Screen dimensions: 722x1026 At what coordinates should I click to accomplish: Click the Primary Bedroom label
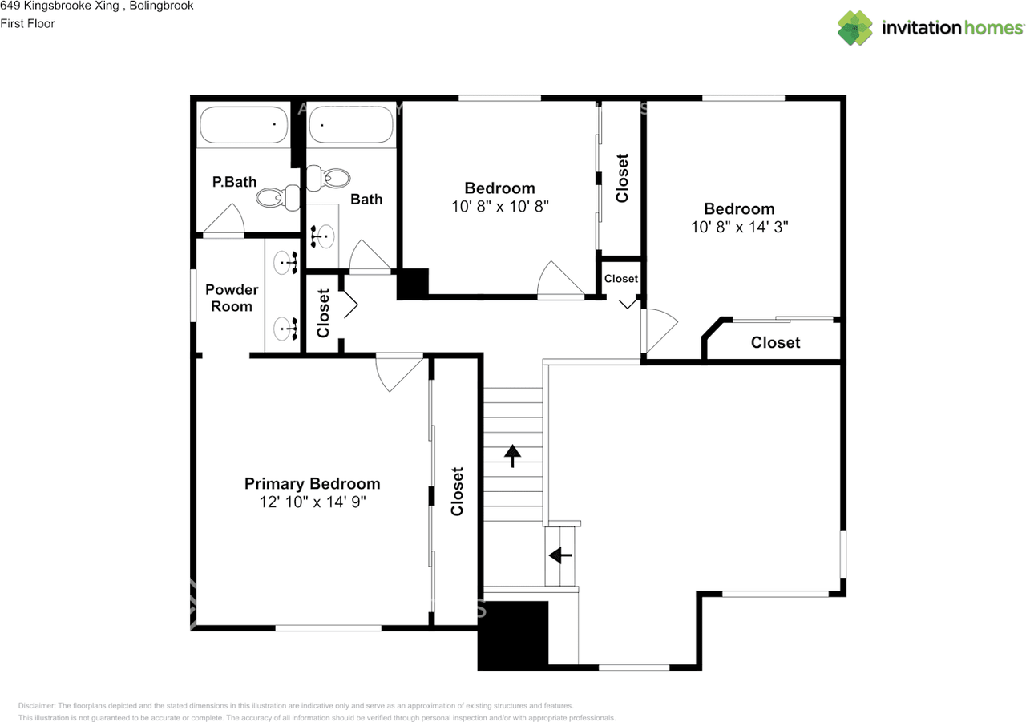(312, 483)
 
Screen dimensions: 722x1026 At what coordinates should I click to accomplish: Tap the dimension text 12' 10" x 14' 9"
(312, 502)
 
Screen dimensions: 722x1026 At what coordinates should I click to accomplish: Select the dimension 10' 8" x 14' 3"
(739, 227)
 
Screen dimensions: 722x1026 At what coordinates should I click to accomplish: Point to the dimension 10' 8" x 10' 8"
(499, 206)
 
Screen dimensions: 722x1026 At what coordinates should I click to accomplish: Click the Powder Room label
(232, 297)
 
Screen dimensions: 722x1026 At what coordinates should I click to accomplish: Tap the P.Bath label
(234, 182)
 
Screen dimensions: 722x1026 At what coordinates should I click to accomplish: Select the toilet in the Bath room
(329, 178)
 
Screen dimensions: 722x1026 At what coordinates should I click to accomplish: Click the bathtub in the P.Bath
(244, 125)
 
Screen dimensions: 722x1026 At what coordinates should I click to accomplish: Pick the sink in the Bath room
(324, 236)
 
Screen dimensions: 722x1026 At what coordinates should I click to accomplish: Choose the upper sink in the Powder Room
(285, 261)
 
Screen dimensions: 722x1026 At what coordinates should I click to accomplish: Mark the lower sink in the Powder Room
(285, 328)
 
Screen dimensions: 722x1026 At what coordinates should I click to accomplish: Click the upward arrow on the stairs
(511, 456)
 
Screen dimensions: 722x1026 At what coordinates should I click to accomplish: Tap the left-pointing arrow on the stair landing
(559, 554)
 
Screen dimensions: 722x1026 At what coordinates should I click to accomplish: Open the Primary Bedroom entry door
(400, 370)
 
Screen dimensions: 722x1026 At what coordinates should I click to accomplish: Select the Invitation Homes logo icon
(855, 28)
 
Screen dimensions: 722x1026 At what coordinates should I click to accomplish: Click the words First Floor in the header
(28, 23)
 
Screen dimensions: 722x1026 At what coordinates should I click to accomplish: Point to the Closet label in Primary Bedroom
(457, 491)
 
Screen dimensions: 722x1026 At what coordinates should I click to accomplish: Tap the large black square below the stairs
(513, 635)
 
